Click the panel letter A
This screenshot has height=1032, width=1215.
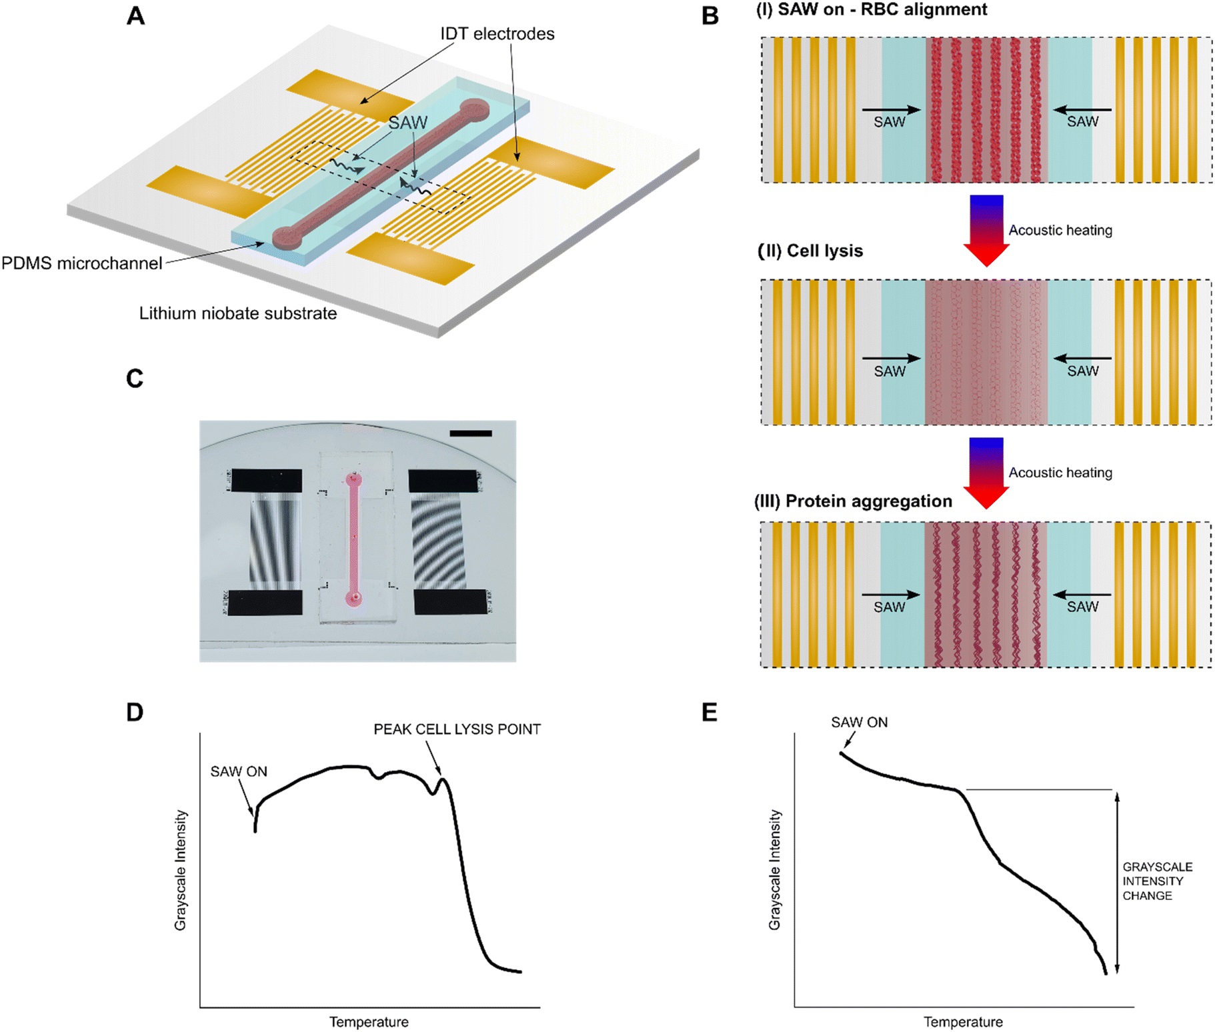pos(135,16)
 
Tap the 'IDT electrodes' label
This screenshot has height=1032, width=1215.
pos(497,34)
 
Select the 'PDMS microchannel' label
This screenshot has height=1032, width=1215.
pos(81,263)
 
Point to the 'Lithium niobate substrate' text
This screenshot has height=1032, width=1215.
pos(237,313)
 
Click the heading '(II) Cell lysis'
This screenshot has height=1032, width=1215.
pos(810,251)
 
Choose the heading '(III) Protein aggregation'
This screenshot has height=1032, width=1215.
pos(853,501)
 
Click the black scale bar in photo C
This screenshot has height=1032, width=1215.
pos(471,433)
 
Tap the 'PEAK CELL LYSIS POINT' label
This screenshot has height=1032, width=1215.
pos(457,729)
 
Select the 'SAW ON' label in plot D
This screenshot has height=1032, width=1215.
pos(239,771)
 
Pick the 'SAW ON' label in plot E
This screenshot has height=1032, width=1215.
pos(859,722)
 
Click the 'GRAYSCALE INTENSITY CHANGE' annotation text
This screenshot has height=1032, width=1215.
pos(1157,881)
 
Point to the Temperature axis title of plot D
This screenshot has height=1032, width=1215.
pos(369,1022)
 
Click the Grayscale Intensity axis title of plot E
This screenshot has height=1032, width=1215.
pos(774,870)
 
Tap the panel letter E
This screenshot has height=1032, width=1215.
pos(710,713)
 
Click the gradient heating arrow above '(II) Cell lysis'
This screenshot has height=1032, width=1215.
pos(986,229)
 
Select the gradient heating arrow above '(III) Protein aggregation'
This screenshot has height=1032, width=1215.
pos(986,472)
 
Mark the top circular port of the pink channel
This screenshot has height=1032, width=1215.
pos(354,479)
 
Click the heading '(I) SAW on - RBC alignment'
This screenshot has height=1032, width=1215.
pos(872,10)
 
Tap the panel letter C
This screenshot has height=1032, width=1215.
pos(135,379)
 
